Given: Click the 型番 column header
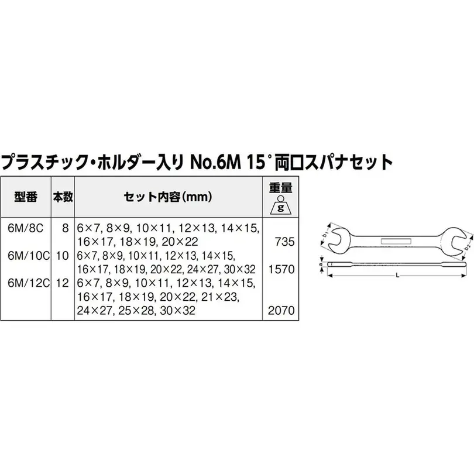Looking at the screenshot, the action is pos(26,197).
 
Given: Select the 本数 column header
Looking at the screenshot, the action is pos(63,197).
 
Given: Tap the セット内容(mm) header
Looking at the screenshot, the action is pos(168,197).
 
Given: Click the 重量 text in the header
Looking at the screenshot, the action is pos(281,188).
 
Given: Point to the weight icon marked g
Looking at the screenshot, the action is pos(281,205).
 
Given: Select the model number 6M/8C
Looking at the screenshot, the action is pos(26,228).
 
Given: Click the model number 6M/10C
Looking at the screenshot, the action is pos(29,256).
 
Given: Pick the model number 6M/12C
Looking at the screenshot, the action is pos(29,283).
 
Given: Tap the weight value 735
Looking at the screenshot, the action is pos(285,242).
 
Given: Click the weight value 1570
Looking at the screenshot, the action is pos(281,269).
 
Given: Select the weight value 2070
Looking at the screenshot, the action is pos(281,311).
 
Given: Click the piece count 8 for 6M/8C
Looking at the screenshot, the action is pos(66,228).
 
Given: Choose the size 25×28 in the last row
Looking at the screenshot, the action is pos(136,311).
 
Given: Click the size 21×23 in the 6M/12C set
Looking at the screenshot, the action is pos(220,297).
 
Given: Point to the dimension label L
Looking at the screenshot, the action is pos(397,276).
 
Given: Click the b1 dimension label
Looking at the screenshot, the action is pos(325,235).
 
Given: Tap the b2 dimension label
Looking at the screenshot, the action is pos(468,246).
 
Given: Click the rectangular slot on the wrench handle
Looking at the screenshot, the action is pos(396,241).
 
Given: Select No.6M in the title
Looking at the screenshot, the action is pos(215,162).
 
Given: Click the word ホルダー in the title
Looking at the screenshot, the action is pos(129,162).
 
